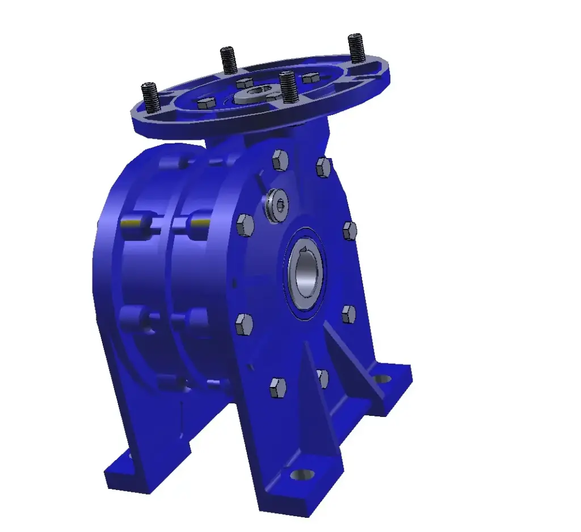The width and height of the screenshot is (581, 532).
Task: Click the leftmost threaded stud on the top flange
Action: point(150,97)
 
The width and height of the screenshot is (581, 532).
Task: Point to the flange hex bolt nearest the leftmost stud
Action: point(207,103)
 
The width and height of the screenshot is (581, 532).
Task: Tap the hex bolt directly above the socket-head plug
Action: point(280,160)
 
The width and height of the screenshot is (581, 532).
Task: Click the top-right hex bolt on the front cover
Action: point(323,167)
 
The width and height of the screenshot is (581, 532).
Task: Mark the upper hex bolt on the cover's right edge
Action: point(350,231)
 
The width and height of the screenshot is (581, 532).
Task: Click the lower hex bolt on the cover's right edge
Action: point(348,314)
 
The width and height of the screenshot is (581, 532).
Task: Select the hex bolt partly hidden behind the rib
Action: point(322,378)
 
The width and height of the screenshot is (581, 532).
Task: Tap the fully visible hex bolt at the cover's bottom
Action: point(277,388)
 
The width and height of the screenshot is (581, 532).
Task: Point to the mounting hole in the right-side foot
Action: point(384,378)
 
